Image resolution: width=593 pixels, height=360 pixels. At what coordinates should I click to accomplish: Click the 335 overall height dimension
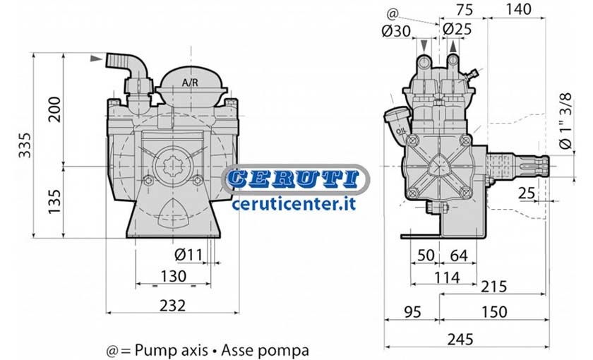coord(25,145)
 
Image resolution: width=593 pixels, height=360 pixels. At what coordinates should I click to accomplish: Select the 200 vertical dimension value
coord(55,109)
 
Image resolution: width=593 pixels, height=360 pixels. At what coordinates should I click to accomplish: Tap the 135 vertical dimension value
coord(55,201)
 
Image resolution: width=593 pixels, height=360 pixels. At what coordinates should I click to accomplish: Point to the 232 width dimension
coord(172,305)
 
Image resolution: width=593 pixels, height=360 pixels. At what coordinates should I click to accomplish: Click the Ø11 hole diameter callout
coord(188,255)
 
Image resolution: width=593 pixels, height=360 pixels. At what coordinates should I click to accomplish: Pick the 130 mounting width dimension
coord(174,277)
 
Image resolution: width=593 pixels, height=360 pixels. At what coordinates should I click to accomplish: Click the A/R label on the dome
coord(190,83)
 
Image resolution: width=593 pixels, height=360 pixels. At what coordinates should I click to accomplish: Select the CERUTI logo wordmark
coord(294,179)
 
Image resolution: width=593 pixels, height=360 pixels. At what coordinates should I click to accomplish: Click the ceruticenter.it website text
coord(294,204)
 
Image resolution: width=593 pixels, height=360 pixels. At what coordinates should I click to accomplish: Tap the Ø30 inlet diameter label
coord(396,31)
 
